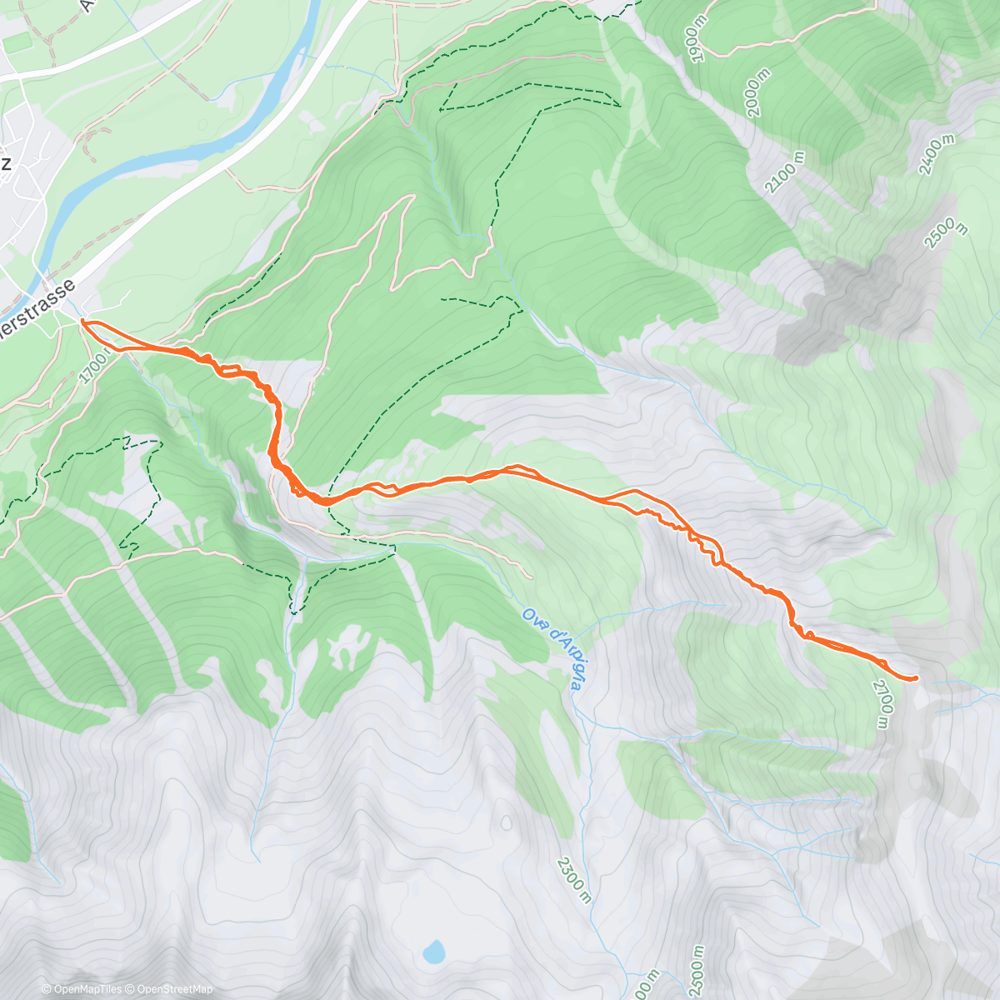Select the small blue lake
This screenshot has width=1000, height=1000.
[433, 952]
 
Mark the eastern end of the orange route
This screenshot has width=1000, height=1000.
[916, 678]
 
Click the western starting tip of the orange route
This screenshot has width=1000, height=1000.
[82, 321]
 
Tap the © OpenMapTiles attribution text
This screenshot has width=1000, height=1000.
[82, 989]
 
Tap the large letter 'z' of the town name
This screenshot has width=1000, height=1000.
[6, 164]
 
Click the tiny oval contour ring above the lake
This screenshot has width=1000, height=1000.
[506, 823]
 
